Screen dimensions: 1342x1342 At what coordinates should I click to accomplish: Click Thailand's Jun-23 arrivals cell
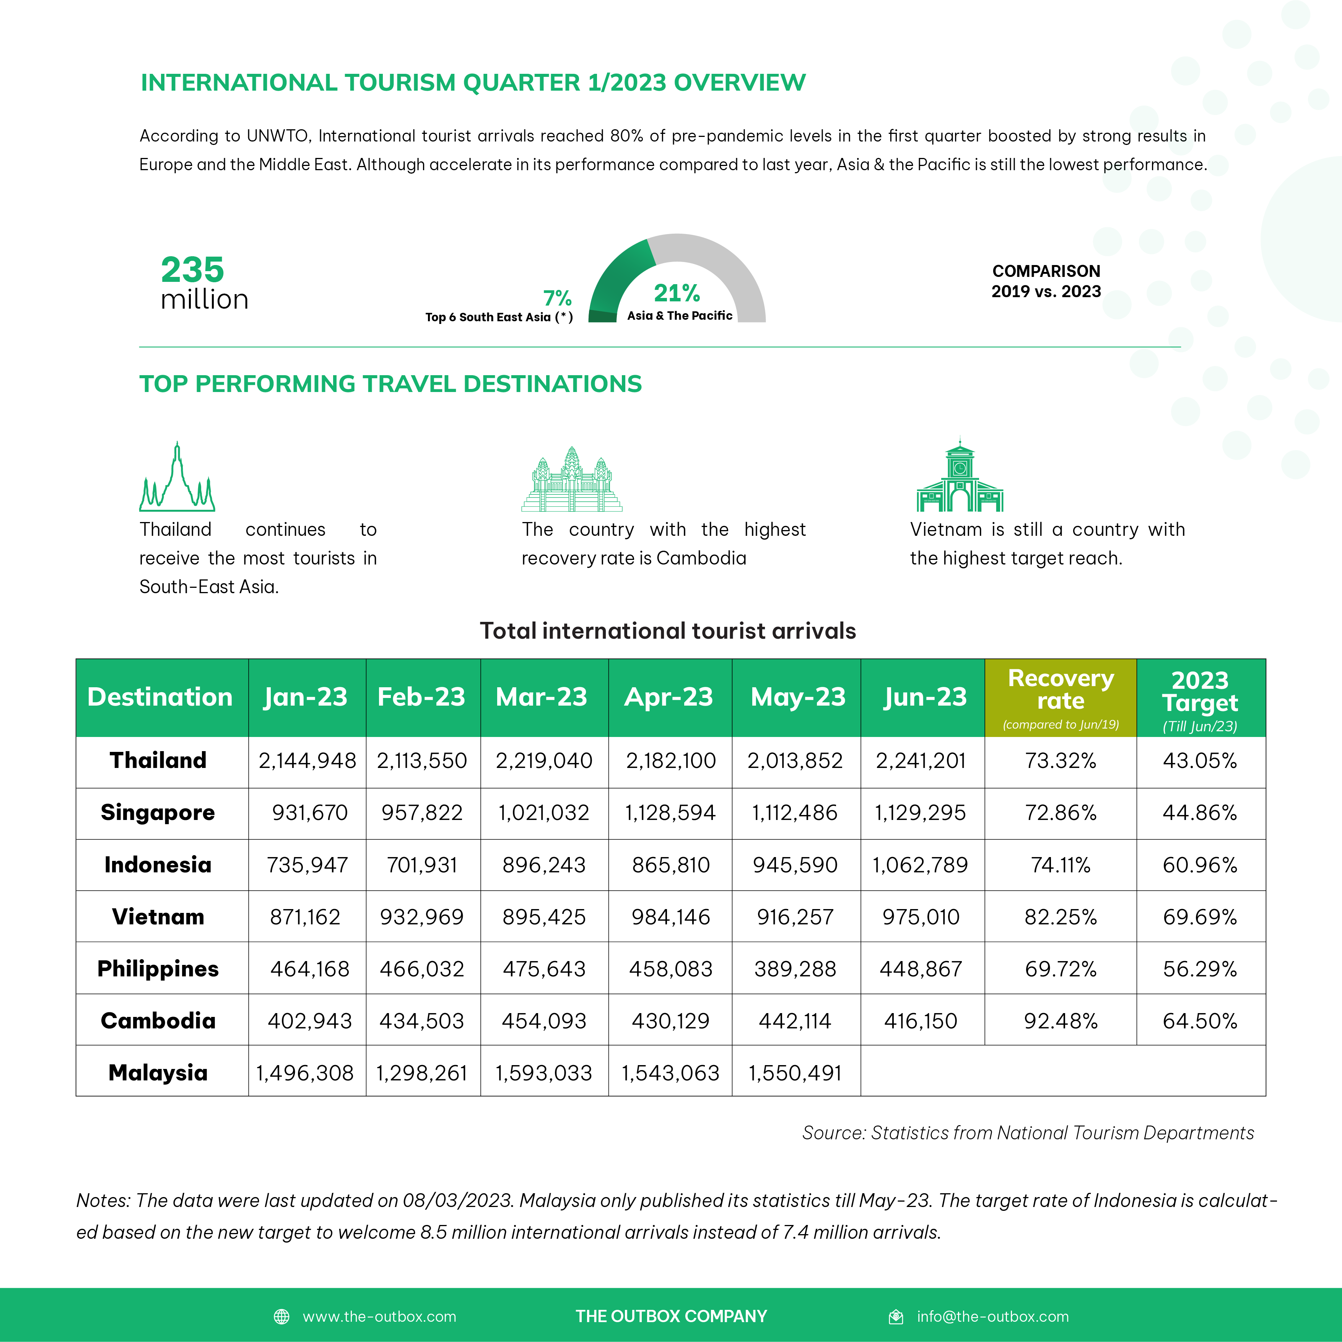921,761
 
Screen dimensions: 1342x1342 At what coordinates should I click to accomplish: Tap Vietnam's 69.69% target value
1200,917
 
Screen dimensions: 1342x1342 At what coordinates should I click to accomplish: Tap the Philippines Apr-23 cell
670,969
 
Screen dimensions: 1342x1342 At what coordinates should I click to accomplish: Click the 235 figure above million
192,270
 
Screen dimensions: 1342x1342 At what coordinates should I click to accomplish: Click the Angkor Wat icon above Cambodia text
572,479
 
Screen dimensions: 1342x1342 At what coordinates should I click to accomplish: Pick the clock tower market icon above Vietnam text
960,476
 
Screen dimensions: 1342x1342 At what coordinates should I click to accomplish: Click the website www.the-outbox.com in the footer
379,1316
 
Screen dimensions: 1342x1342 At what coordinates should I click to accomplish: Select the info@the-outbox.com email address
992,1316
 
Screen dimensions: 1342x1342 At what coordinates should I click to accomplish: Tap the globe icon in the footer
281,1316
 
